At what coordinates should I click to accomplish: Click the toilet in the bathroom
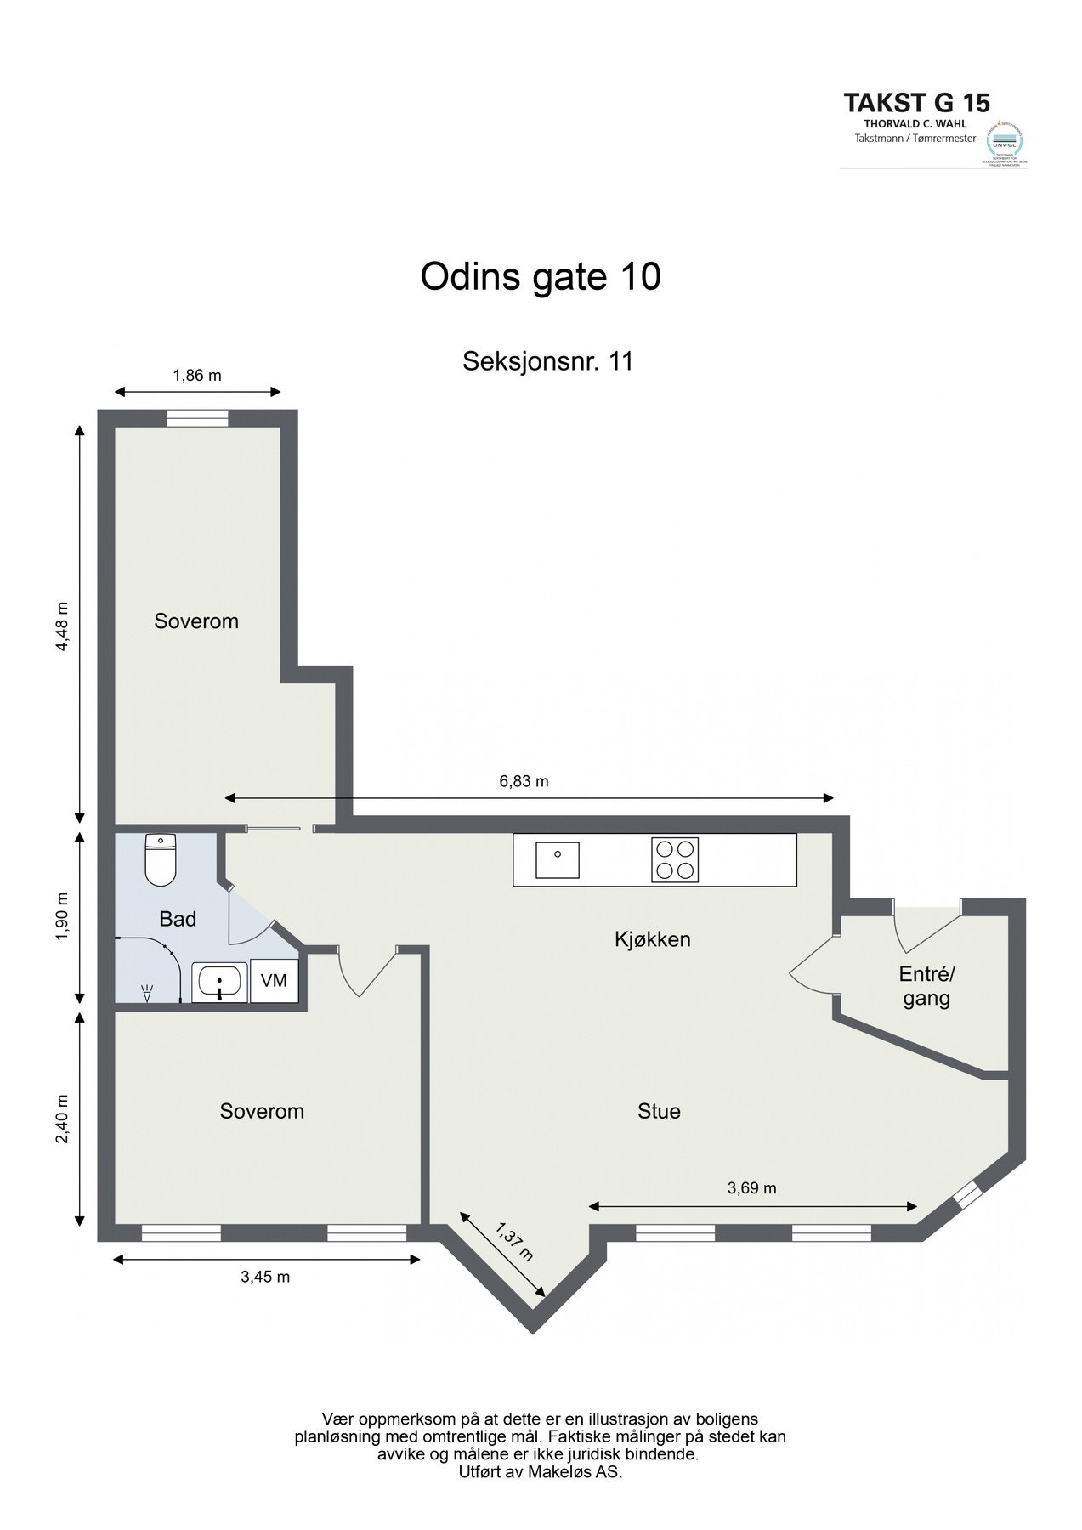(x=160, y=860)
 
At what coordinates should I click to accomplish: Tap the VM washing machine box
(x=274, y=981)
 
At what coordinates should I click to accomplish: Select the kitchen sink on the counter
(x=557, y=859)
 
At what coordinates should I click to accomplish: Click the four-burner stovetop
(x=675, y=859)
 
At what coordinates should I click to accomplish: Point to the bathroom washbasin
(x=219, y=983)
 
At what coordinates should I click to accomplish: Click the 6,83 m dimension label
(x=524, y=781)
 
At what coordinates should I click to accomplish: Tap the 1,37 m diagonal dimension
(x=514, y=1242)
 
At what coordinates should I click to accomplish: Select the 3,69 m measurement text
(x=751, y=1188)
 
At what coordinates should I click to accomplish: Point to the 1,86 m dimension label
(x=197, y=375)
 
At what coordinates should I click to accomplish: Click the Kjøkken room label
(x=652, y=939)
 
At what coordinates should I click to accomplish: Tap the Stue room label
(x=659, y=1111)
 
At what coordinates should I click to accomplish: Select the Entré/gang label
(x=926, y=986)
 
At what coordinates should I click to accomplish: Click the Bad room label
(x=178, y=919)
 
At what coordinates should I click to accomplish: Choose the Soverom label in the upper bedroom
(x=196, y=621)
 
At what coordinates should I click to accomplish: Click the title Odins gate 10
(x=541, y=277)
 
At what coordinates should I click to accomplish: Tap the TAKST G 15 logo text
(x=916, y=103)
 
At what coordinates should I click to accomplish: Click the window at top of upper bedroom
(x=197, y=418)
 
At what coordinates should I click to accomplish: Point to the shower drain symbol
(x=147, y=991)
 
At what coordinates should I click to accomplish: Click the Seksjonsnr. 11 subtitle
(x=547, y=361)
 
